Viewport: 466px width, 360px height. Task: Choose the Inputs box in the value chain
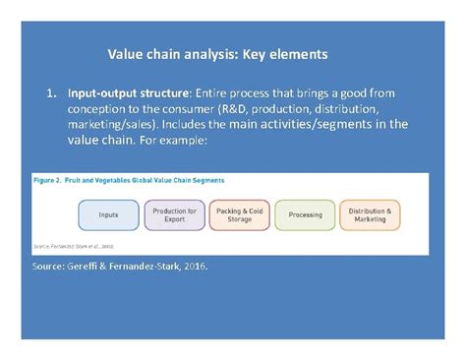tap(108, 214)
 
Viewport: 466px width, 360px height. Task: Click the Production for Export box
tap(173, 214)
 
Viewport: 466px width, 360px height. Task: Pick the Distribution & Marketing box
tap(370, 214)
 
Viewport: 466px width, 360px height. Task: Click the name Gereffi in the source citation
tap(86, 267)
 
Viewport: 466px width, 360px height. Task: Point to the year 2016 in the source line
tap(197, 267)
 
